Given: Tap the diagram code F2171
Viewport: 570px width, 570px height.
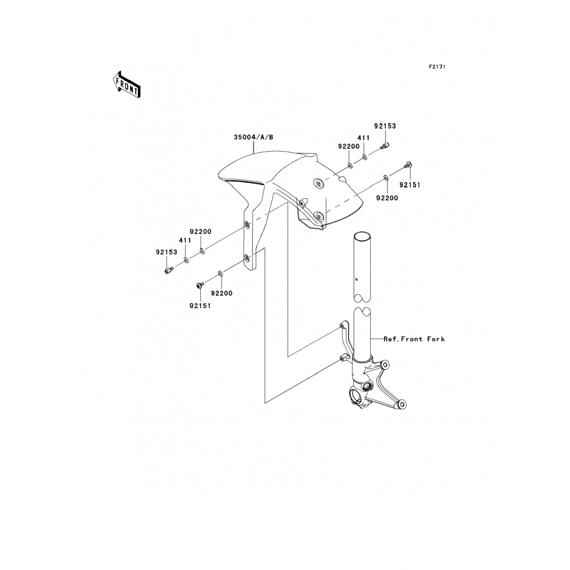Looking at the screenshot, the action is point(437,66).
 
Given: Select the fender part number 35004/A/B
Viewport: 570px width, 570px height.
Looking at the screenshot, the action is point(253,138).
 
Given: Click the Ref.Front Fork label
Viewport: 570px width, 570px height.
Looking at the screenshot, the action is point(414,339).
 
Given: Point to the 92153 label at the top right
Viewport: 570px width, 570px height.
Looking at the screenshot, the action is point(385,126).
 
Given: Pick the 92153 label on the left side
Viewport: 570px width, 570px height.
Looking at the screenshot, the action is point(167,252).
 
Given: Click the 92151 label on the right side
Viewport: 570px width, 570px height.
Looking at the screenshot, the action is point(410,185).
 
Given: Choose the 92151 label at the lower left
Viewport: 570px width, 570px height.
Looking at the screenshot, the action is point(200,306).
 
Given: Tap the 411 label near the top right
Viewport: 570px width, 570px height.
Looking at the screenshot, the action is point(363,138).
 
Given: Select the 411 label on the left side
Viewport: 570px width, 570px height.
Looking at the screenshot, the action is point(185,241).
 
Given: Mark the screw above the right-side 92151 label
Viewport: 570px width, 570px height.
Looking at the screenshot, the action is point(408,165).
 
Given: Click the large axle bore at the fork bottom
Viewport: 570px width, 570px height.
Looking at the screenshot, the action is point(358,399).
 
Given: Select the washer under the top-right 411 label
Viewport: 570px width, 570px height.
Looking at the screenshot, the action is point(364,157).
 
